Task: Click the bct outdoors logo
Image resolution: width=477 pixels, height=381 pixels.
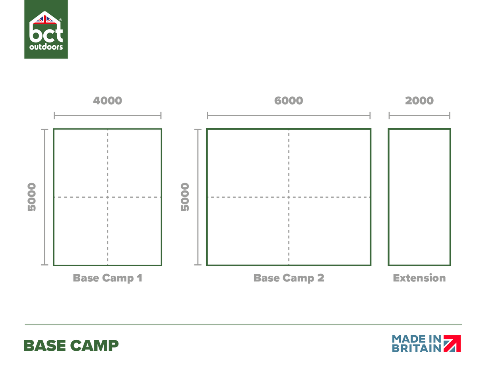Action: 46,30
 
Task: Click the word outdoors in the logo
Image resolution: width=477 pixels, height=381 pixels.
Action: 46,47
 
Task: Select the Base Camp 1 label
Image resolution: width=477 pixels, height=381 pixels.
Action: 107,278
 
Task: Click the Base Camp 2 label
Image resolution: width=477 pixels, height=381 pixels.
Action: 289,278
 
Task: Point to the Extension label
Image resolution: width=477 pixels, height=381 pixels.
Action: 419,278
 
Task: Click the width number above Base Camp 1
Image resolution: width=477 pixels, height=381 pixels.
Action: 107,101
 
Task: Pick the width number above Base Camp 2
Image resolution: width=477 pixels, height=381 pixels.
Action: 289,101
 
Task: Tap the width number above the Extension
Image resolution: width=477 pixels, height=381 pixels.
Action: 419,101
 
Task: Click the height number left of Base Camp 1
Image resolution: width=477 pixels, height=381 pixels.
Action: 32,197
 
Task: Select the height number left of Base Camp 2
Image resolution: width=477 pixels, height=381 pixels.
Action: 185,197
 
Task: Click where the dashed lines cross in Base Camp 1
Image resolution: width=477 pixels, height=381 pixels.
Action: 107,197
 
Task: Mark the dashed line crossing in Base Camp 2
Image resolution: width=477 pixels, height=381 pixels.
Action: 289,197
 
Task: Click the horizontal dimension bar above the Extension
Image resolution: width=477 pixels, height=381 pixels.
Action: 419,115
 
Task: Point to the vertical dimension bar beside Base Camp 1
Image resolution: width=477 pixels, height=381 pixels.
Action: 45,197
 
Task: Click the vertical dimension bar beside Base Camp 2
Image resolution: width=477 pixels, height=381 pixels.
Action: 198,197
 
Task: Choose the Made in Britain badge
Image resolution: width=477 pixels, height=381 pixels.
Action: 427,344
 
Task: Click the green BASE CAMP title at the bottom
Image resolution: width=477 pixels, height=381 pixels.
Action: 72,346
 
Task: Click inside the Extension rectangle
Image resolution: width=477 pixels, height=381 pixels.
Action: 419,197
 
